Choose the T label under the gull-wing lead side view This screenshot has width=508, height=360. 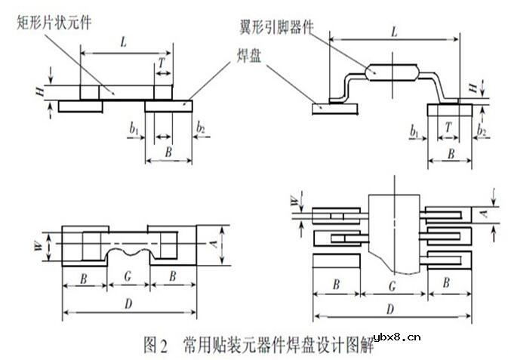[451, 129]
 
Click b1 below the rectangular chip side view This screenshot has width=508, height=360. [134, 129]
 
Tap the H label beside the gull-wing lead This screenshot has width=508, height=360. [473, 89]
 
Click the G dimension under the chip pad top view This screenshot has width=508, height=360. [129, 278]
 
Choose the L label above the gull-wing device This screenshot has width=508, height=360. [394, 31]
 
